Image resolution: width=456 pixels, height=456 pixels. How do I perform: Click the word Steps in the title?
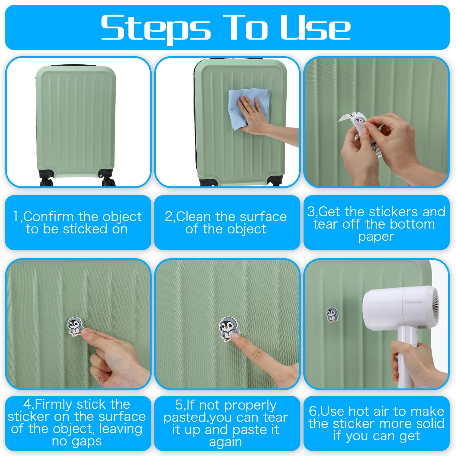pyautogui.click(x=156, y=28)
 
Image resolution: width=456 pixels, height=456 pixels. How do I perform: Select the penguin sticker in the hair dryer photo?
pyautogui.click(x=332, y=314)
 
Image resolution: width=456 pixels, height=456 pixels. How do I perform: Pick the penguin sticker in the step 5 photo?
pyautogui.click(x=229, y=329)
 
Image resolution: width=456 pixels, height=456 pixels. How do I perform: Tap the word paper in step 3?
pyautogui.click(x=376, y=237)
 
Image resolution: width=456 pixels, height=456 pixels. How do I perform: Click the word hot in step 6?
pyautogui.click(x=360, y=412)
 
